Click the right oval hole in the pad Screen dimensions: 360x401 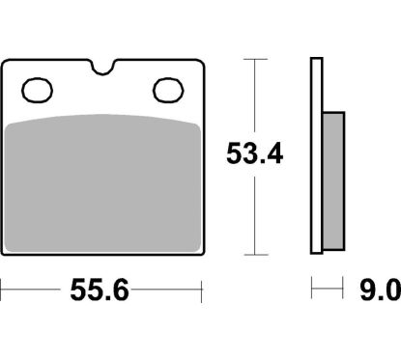[x=167, y=91]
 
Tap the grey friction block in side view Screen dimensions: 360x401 [x=330, y=183]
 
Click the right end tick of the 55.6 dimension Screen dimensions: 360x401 [x=202, y=288]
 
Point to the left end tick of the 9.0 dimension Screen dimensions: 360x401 [x=311, y=288]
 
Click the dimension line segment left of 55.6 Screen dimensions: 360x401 [x=39, y=288]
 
